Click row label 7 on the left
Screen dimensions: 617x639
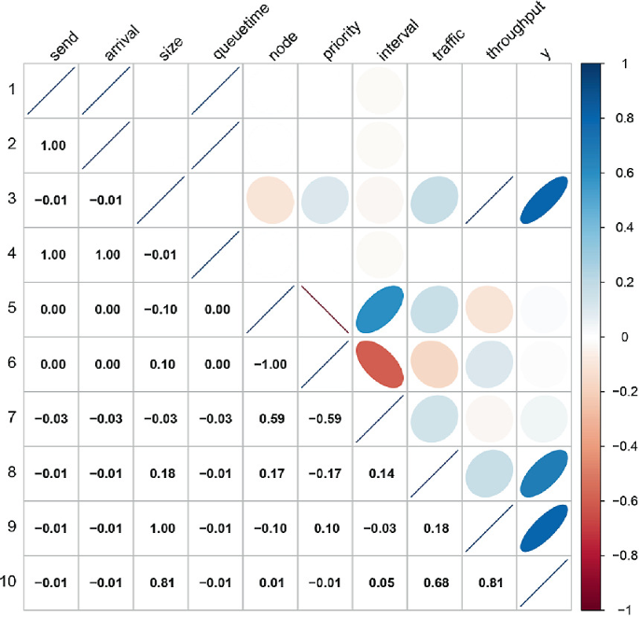[11, 418]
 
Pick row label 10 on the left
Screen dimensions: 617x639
[11, 582]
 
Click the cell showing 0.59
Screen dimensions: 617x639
[270, 418]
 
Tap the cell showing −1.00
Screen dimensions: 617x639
[270, 364]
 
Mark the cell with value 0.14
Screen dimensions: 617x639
[379, 473]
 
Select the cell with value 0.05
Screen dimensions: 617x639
[379, 582]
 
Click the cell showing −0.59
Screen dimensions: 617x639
[325, 418]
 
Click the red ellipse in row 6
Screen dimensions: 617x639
[379, 364]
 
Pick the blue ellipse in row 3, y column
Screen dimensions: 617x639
[543, 200]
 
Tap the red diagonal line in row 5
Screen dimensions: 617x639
[325, 309]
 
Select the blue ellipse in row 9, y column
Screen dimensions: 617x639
[543, 527]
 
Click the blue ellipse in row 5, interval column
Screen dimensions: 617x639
[379, 309]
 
